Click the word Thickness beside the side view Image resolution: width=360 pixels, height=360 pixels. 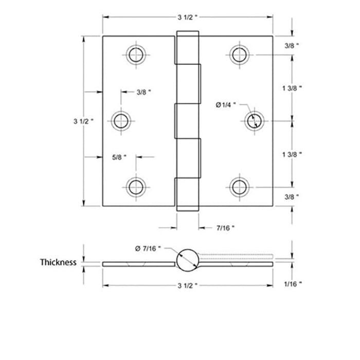tap(58, 262)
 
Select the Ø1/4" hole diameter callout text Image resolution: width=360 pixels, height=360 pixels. tap(225, 105)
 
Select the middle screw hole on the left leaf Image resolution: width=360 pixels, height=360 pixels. tap(121, 121)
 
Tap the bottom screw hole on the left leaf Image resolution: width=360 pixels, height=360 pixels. tap(136, 187)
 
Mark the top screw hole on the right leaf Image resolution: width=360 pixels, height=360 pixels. tap(240, 55)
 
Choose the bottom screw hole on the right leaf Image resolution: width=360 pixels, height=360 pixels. tap(240, 187)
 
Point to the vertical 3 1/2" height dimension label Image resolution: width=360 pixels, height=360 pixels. tap(84, 121)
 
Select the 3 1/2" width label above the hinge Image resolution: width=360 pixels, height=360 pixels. tap(188, 17)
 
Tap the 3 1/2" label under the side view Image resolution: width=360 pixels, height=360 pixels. tap(188, 285)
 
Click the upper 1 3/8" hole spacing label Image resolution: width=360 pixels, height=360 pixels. tap(292, 88)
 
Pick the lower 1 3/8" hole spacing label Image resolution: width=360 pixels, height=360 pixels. tap(292, 154)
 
